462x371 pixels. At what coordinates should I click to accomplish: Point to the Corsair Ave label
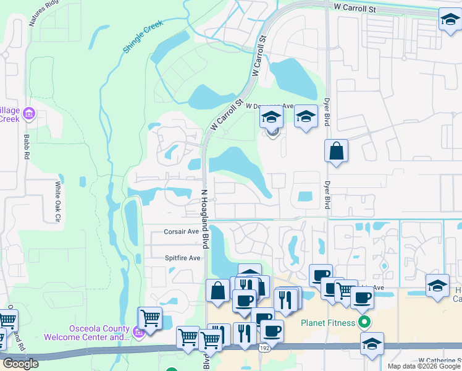click(x=182, y=232)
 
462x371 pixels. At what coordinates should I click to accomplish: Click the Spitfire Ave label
click(x=183, y=258)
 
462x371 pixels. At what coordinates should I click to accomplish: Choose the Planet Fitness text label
click(x=328, y=323)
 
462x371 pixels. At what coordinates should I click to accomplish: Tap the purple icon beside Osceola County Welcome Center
click(x=138, y=334)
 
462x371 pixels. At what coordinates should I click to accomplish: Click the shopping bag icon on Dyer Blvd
click(x=336, y=151)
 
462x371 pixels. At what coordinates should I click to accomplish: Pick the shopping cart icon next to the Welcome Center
click(x=149, y=318)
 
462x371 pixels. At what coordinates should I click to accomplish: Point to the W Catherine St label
click(x=440, y=360)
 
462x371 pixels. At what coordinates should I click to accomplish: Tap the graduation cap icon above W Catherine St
click(x=372, y=344)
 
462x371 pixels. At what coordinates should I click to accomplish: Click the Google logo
click(x=20, y=364)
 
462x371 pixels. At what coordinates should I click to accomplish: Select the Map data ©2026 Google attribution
click(x=423, y=366)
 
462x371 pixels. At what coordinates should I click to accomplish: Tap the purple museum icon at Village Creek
click(x=28, y=113)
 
